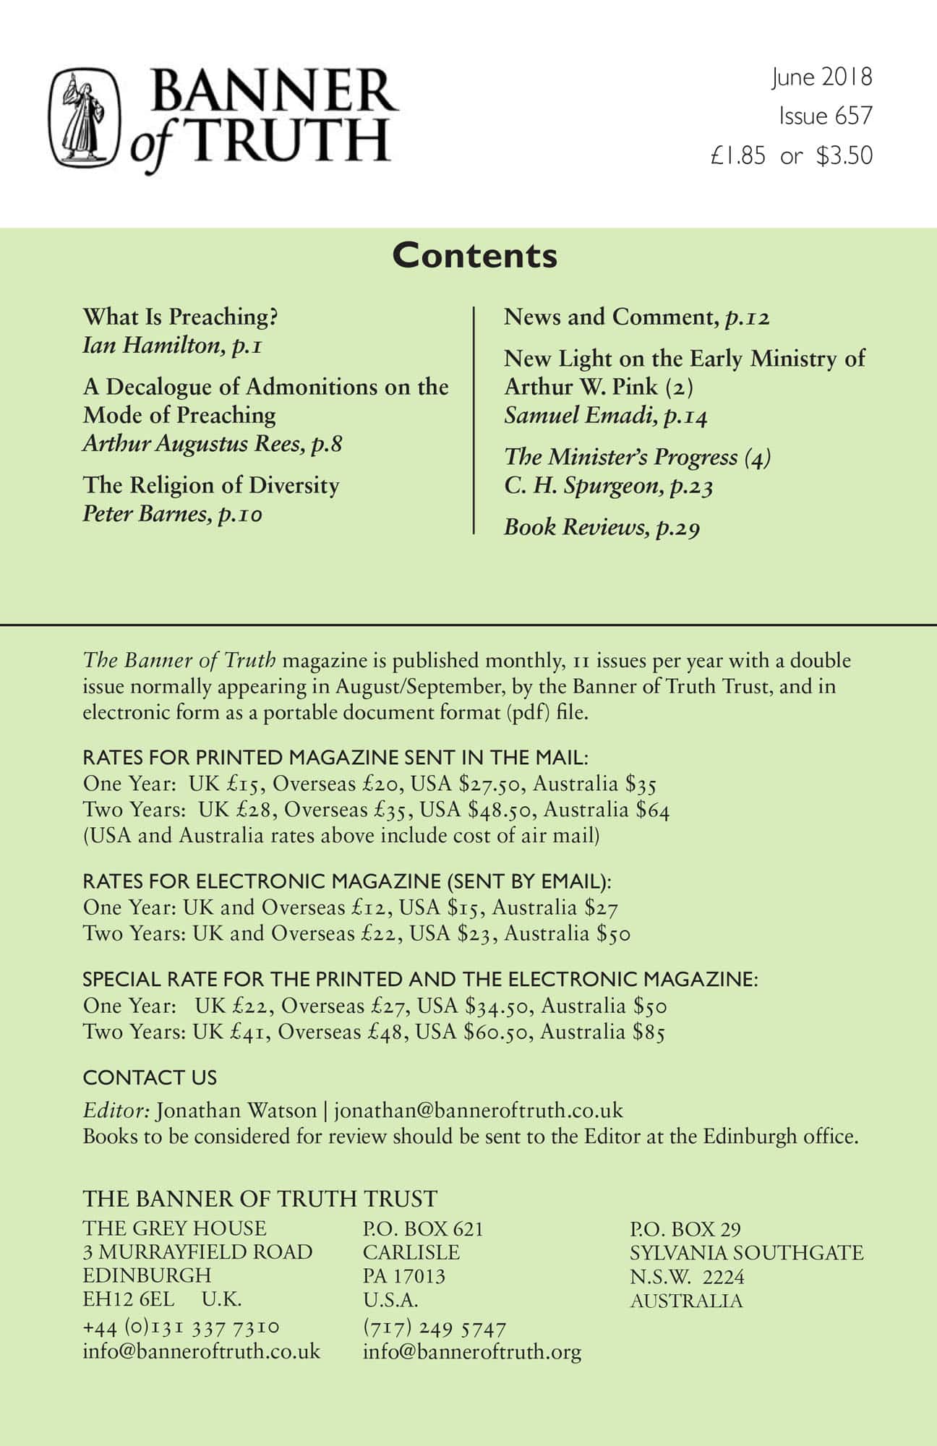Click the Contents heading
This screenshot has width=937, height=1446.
(x=474, y=256)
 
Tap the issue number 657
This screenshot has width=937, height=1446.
(x=856, y=116)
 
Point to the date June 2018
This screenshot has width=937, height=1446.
(x=822, y=77)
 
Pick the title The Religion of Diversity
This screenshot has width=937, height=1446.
(x=211, y=485)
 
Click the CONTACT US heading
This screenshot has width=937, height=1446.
(x=150, y=1077)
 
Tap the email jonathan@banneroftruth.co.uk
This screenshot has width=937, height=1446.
(x=478, y=1110)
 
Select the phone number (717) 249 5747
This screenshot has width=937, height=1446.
(x=435, y=1327)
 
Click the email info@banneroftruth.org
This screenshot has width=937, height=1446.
(x=472, y=1352)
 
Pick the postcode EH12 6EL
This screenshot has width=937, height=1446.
(x=129, y=1299)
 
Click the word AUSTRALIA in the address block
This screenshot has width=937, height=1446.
(x=686, y=1301)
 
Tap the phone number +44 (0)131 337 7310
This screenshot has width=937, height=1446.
(x=181, y=1327)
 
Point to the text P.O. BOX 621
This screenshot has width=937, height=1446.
(x=423, y=1228)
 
